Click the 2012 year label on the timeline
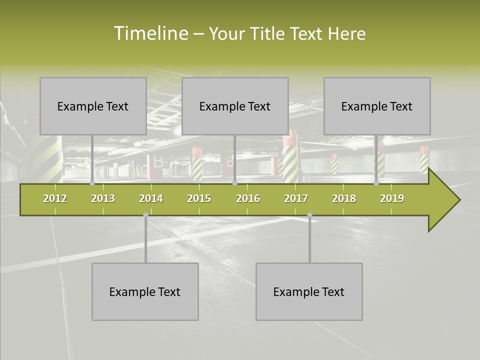tap(55, 198)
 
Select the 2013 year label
tap(103, 198)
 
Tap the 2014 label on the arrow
tap(151, 198)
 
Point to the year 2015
tap(199, 198)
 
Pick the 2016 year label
tap(248, 198)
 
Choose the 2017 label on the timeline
tap(296, 198)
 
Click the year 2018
tap(344, 198)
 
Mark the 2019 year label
tap(392, 198)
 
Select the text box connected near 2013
tap(93, 106)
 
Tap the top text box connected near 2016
tap(235, 106)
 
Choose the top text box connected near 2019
tap(377, 106)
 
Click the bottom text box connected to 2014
tap(145, 291)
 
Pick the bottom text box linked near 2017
tap(309, 291)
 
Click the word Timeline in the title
tap(150, 33)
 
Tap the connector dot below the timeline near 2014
tap(145, 215)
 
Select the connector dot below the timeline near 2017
tap(309, 215)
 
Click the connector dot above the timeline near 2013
tap(92, 183)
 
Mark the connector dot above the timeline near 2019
tap(376, 183)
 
